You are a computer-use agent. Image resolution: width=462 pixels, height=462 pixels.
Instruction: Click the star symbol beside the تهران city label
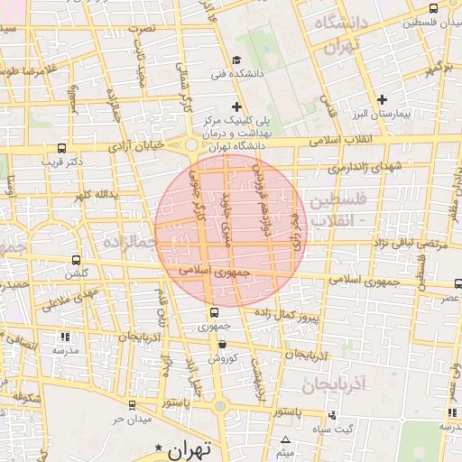click(160, 448)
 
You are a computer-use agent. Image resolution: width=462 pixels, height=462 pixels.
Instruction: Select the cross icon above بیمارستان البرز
click(382, 98)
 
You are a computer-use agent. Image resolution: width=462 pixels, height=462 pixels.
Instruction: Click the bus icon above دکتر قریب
click(61, 148)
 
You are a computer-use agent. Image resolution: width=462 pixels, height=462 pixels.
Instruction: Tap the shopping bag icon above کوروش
click(221, 344)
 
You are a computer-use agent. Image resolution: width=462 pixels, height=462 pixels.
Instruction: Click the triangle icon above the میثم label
click(286, 439)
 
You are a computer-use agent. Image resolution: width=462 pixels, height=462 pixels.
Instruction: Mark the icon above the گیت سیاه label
click(333, 415)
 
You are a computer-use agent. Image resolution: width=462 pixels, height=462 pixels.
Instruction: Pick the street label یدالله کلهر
click(98, 194)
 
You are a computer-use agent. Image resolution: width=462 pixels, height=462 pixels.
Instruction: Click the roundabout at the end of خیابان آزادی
click(192, 145)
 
